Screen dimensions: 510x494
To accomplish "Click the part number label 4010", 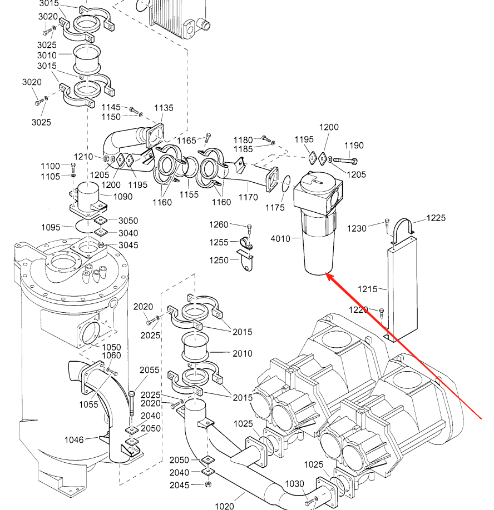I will [280, 239].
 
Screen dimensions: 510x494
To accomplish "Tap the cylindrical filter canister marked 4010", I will [318, 244].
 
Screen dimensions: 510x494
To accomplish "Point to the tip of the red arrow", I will [326, 274].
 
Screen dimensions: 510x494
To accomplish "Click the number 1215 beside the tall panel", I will [367, 289].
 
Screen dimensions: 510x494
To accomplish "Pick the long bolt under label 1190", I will [347, 161].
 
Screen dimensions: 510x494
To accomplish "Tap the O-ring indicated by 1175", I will [286, 183].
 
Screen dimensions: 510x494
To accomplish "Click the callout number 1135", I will [164, 108].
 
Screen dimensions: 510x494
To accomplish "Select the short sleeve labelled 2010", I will [195, 351].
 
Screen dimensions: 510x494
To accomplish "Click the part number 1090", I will [123, 196].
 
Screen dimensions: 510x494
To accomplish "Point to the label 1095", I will [51, 227].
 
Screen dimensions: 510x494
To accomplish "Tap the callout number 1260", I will [219, 224].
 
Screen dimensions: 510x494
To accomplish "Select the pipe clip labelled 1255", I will [246, 243].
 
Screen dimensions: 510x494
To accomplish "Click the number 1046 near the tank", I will [73, 440].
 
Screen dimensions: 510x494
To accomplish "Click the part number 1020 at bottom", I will [225, 506].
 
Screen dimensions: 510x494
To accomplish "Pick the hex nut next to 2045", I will [208, 485].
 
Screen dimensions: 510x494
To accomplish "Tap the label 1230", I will [357, 228].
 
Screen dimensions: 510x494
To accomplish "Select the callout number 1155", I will [189, 194].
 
